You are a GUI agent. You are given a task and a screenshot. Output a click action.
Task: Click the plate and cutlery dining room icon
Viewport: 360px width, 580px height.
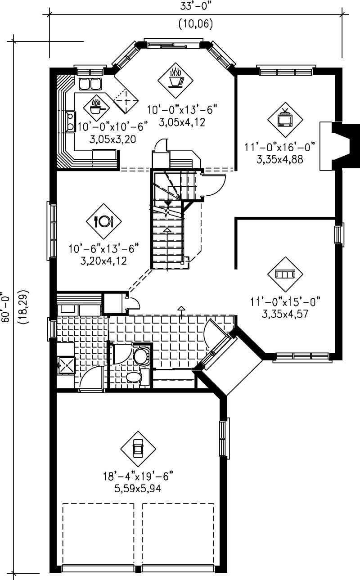coord(104,221)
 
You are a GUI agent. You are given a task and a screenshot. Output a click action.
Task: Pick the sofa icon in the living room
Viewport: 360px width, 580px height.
coord(285,274)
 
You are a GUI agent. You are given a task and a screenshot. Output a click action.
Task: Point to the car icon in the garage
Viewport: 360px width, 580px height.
coord(138,448)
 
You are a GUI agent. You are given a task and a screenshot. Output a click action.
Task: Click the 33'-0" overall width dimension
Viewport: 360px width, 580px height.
coord(195,6)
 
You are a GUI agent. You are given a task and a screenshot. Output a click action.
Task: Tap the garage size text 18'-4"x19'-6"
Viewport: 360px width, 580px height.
coord(138,477)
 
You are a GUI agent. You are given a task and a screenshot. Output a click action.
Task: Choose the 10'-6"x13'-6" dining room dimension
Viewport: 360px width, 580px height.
coord(104,248)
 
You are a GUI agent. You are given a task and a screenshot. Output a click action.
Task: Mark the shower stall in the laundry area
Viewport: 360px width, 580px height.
coord(66,365)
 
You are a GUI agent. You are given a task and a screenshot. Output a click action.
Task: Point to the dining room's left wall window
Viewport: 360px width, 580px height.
coord(52,230)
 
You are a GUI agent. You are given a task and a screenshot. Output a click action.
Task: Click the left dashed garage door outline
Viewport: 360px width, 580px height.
coord(98,533)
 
